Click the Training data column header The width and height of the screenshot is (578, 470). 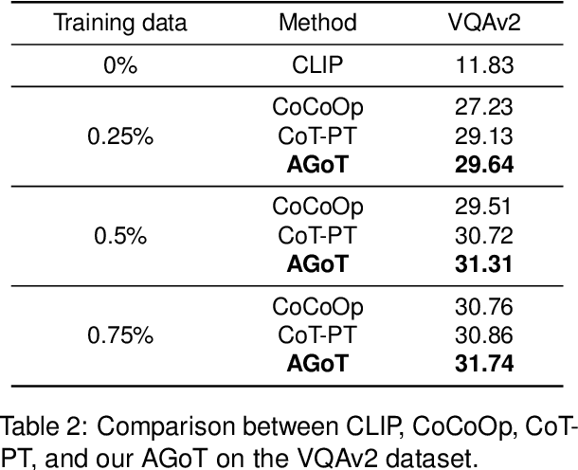tap(119, 22)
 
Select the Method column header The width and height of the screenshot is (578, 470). tap(317, 22)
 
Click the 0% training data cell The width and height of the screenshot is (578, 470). tap(119, 64)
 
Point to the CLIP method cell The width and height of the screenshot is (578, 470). tap(317, 64)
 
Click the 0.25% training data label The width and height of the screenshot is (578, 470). tap(119, 136)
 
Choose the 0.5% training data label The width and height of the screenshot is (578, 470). tap(119, 235)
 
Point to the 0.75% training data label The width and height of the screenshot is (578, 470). tap(119, 334)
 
